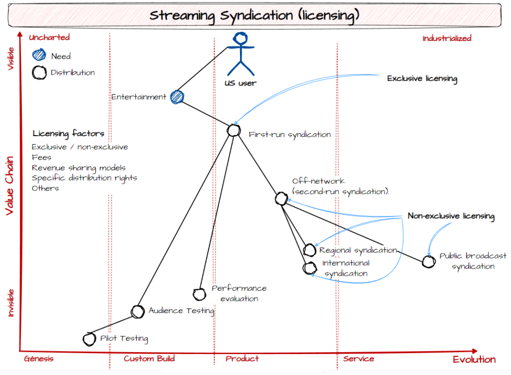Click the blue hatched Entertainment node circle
pyautogui.click(x=177, y=97)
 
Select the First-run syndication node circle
pyautogui.click(x=234, y=130)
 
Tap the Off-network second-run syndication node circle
pyautogui.click(x=281, y=198)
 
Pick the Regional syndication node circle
pyautogui.click(x=309, y=250)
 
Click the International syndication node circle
pyautogui.click(x=309, y=268)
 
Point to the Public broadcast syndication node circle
pyautogui.click(x=428, y=261)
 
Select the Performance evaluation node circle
pyautogui.click(x=199, y=294)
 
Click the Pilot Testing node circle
pyautogui.click(x=89, y=339)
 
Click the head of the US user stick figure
pyautogui.click(x=242, y=38)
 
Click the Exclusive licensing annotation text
pyautogui.click(x=422, y=78)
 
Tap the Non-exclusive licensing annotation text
pyautogui.click(x=451, y=216)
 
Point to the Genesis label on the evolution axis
pyautogui.click(x=38, y=359)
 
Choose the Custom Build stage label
pyautogui.click(x=149, y=359)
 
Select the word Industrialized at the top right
pyautogui.click(x=447, y=38)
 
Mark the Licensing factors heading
pyautogui.click(x=68, y=133)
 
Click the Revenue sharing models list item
pyautogui.click(x=78, y=168)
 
